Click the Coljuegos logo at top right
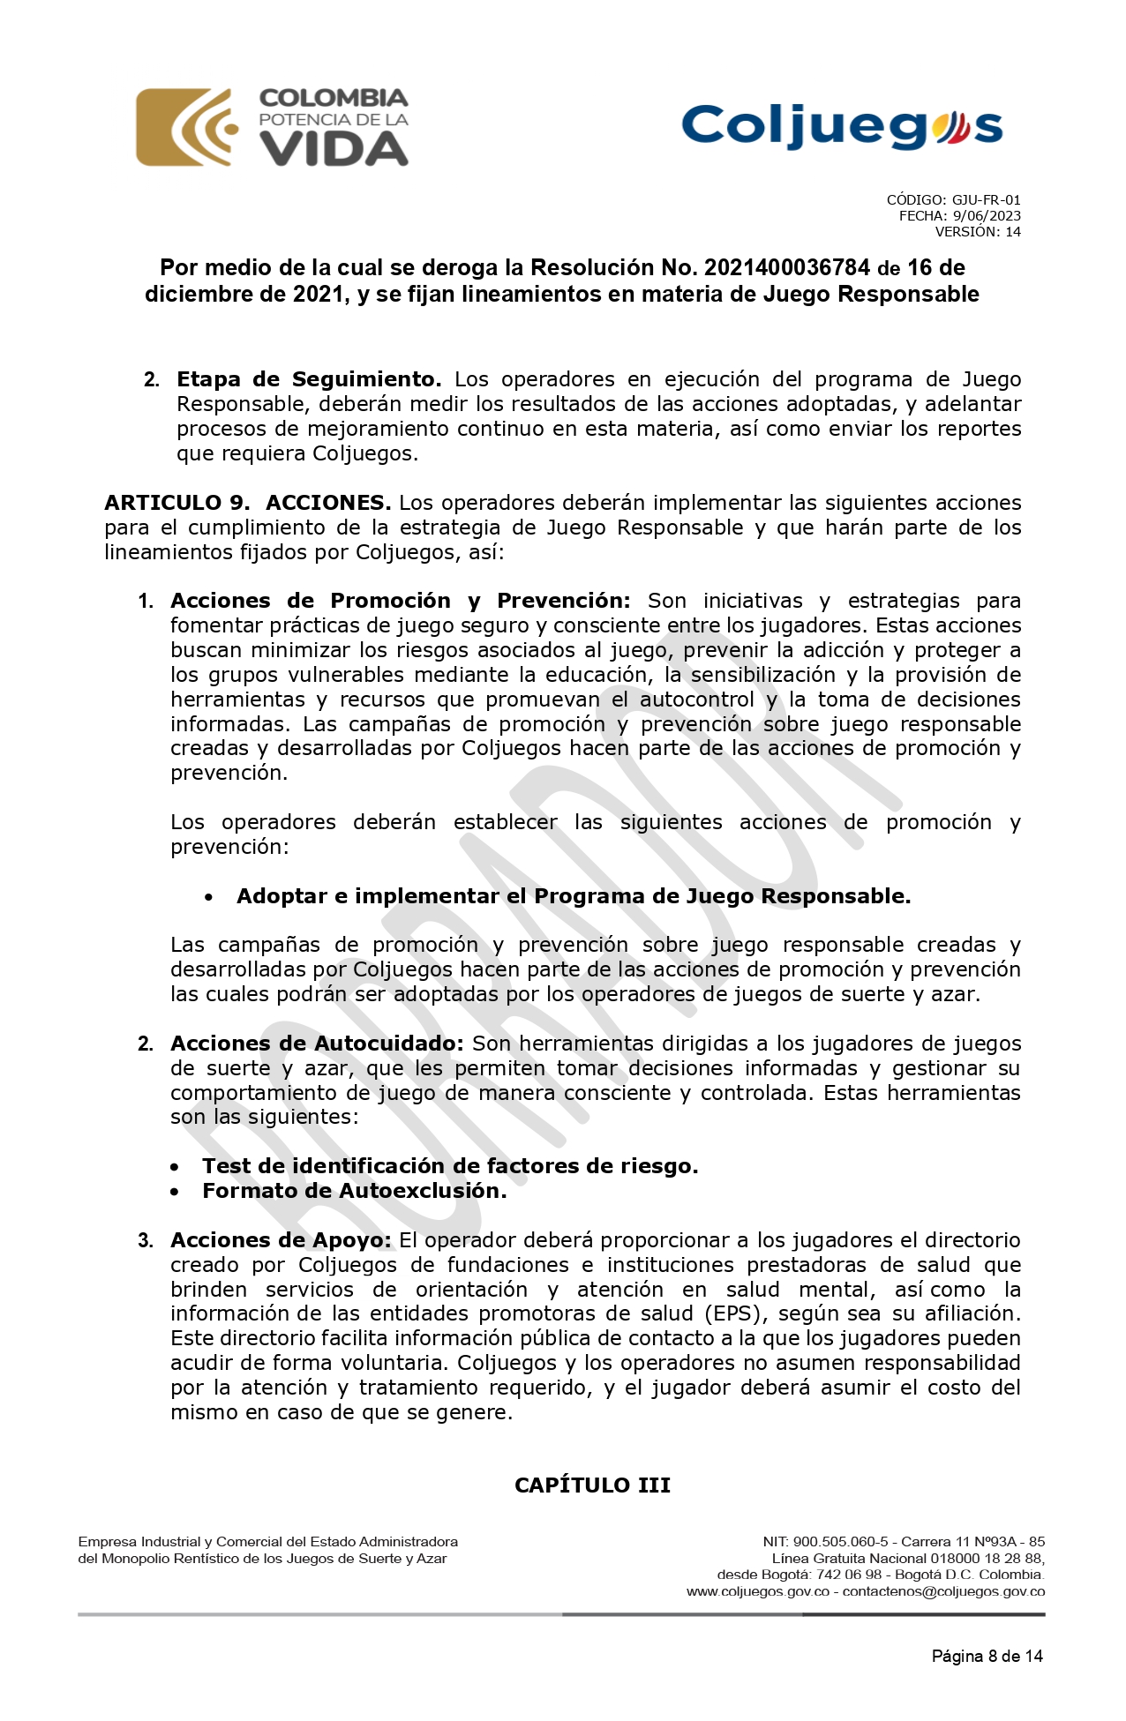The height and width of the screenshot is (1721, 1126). tap(842, 126)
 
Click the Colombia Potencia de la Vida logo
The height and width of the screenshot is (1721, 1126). tap(272, 127)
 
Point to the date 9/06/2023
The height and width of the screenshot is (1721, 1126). tap(987, 216)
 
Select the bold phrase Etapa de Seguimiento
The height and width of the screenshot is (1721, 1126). tap(309, 379)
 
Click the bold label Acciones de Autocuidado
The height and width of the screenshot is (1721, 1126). tap(317, 1044)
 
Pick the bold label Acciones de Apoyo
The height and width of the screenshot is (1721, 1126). tap(281, 1240)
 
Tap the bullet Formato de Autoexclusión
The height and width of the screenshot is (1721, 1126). tap(354, 1191)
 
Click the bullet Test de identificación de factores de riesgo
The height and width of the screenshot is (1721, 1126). tap(450, 1166)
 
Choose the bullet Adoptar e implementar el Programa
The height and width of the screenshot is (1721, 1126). tap(574, 896)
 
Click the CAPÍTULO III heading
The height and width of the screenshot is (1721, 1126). tap(593, 1485)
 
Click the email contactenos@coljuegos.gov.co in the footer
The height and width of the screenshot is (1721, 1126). tap(943, 1592)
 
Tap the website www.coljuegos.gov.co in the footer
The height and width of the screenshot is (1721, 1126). tap(758, 1592)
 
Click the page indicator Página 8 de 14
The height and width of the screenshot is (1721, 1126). tap(987, 1657)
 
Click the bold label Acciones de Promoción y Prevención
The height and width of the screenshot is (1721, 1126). tap(401, 601)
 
